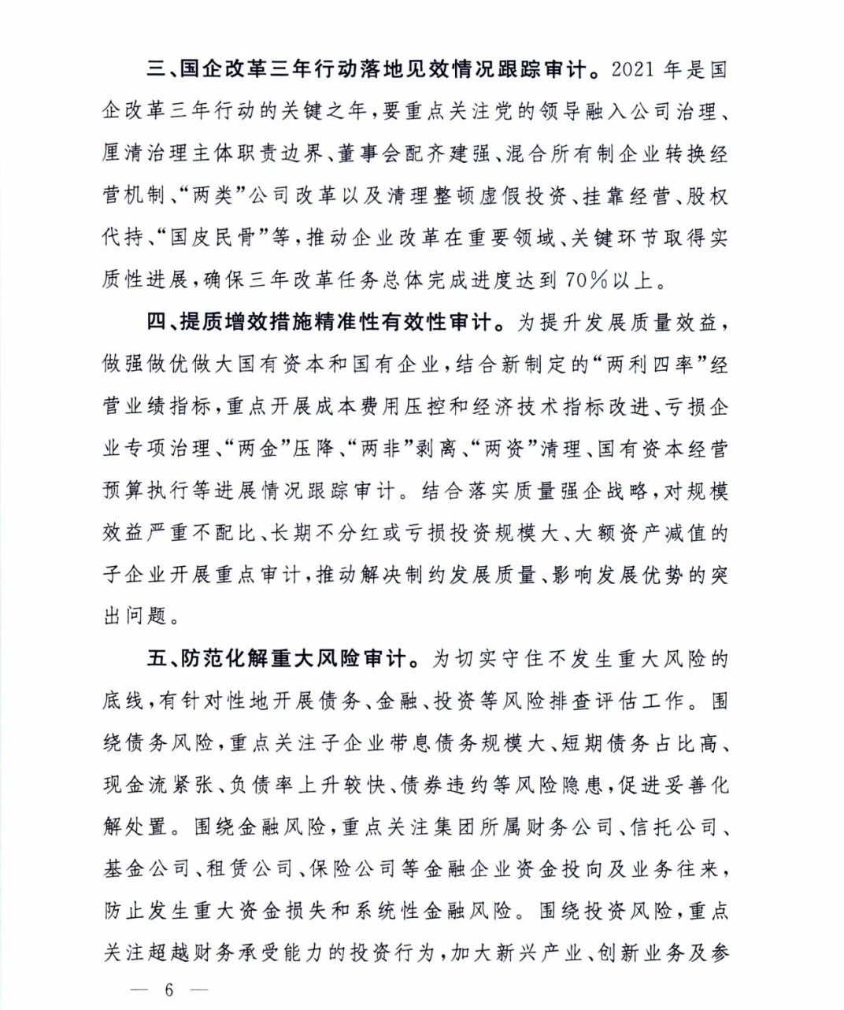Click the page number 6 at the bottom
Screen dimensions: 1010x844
click(x=168, y=990)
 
